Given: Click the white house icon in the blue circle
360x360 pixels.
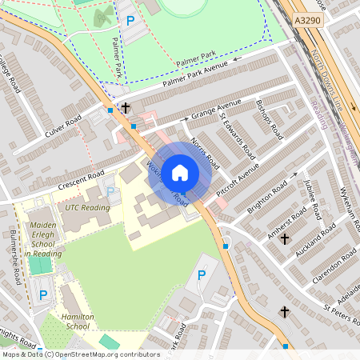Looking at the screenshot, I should pyautogui.click(x=180, y=171).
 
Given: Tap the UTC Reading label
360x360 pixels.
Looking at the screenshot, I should pyautogui.click(x=87, y=207).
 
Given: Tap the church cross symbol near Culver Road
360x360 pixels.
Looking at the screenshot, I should pyautogui.click(x=125, y=107).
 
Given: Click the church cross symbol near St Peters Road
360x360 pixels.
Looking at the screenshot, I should pyautogui.click(x=284, y=311).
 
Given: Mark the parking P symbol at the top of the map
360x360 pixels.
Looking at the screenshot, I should pyautogui.click(x=127, y=19).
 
